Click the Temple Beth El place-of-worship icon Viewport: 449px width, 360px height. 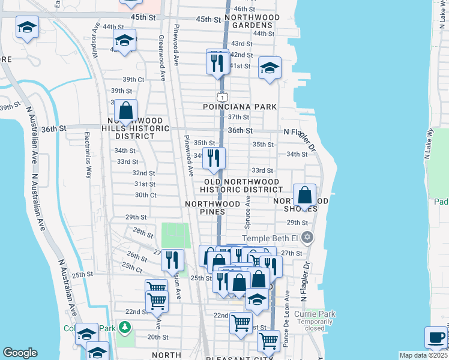(307, 238)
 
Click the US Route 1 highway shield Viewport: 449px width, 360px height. (222, 97)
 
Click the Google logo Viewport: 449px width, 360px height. (20, 352)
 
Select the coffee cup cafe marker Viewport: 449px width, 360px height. (435, 338)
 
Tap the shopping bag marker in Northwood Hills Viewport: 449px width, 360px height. (125, 111)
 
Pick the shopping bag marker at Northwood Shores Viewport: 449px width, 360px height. (305, 195)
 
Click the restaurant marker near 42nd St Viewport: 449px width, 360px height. (217, 61)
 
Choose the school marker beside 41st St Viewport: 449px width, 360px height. (270, 68)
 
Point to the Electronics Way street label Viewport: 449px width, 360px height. (88, 155)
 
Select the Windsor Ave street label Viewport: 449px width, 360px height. (95, 40)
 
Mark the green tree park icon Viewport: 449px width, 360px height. (125, 328)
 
